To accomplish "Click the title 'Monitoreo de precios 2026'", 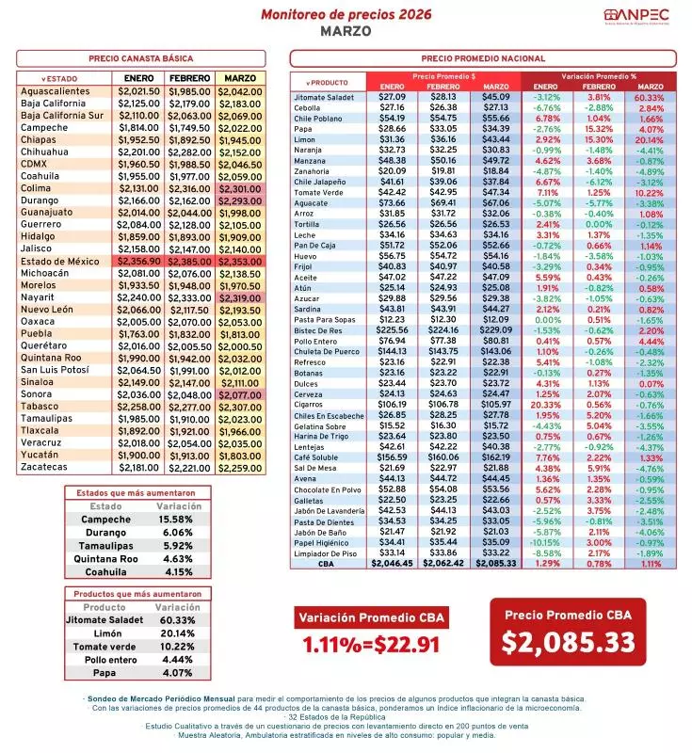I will [x=346, y=15].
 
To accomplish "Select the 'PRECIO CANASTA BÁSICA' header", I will [x=141, y=57].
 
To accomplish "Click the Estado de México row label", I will [x=62, y=261].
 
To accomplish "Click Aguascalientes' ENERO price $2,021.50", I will [x=137, y=91].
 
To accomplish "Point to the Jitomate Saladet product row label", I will [x=324, y=97].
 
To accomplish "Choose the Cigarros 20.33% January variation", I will [x=545, y=404].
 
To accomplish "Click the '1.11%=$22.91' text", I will [x=371, y=645].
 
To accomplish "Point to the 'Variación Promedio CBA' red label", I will [x=371, y=617].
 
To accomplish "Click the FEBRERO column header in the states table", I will [x=189, y=77].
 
